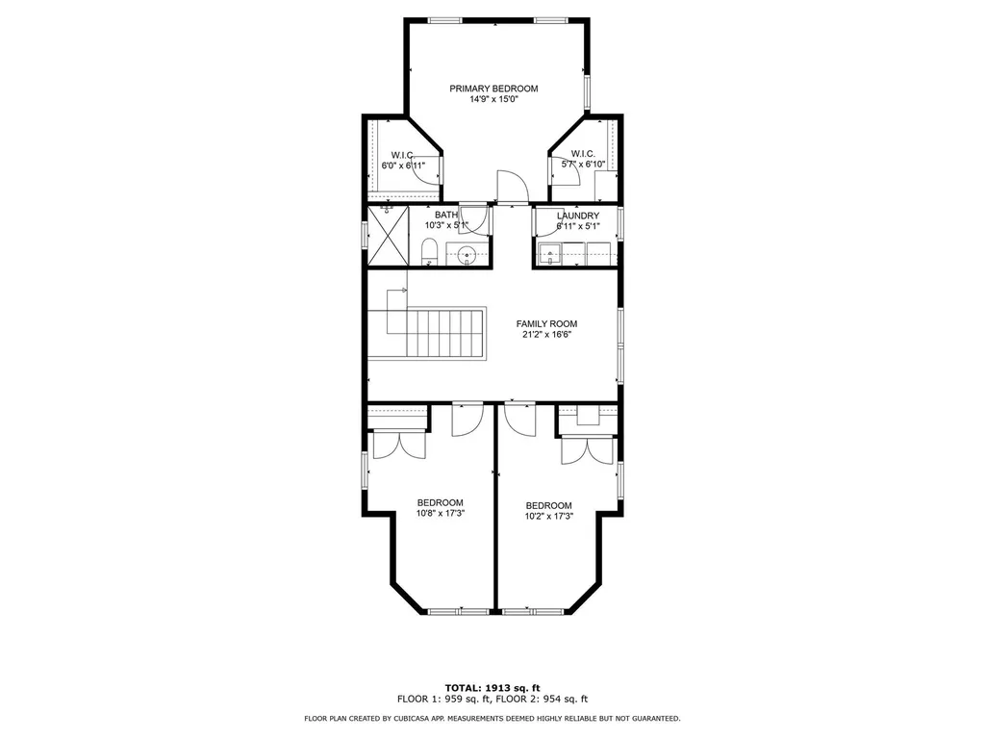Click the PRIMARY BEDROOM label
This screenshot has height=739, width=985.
coord(493,89)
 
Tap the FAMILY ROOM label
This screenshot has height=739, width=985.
coord(546,323)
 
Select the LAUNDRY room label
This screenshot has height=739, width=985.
coord(578,216)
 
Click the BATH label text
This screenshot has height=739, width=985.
coord(446,215)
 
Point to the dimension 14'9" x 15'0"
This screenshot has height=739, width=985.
coord(493,99)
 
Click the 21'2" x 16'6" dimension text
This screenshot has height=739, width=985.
coord(546,334)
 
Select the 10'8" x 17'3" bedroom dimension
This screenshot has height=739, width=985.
coord(441,513)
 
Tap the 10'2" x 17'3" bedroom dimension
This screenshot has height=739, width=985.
coord(549,517)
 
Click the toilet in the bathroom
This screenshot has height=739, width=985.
coord(429,252)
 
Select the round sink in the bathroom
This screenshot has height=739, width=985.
coord(467,254)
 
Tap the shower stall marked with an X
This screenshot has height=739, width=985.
coord(388,235)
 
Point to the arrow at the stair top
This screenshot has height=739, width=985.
coord(396,291)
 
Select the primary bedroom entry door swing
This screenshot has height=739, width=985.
coord(512,186)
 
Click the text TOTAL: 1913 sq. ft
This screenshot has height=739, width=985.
coord(492,688)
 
